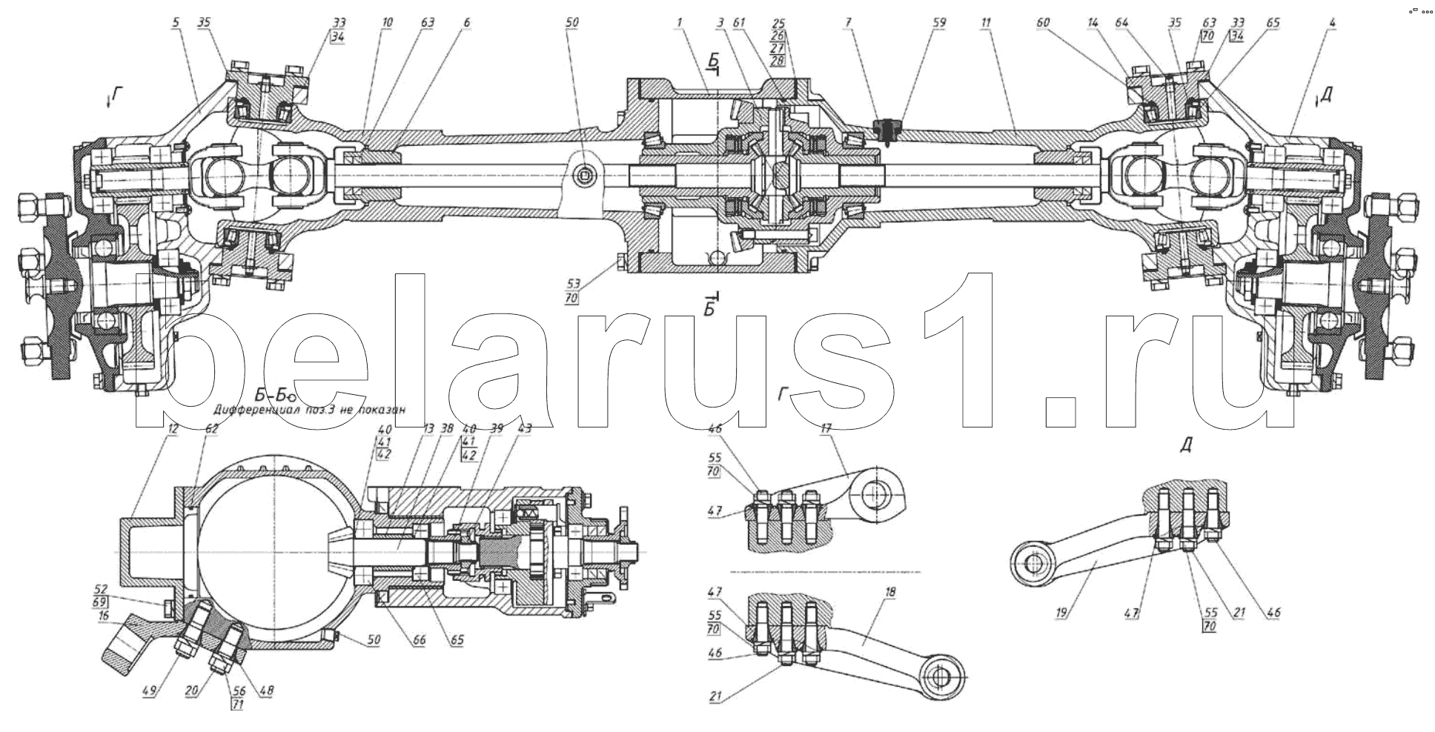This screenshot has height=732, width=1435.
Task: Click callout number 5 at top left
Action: pos(176,23)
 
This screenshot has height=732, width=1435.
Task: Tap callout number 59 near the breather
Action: pos(939,23)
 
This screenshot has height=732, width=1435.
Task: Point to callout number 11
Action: pos(985,23)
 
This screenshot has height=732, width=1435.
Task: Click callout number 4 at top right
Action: pos(1331,23)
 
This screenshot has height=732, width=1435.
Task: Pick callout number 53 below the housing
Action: pos(571,284)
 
